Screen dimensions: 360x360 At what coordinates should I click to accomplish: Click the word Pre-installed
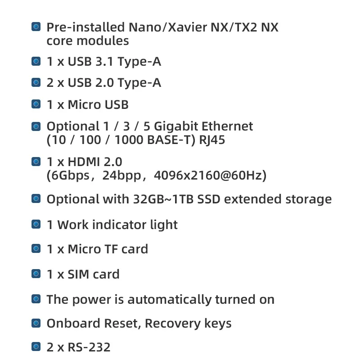click(x=85, y=27)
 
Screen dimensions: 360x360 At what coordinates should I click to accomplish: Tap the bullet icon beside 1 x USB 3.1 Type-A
click(x=36, y=61)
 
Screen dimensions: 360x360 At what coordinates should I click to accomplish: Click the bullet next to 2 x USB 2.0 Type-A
click(x=36, y=83)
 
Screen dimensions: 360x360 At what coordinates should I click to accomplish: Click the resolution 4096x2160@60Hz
click(x=210, y=175)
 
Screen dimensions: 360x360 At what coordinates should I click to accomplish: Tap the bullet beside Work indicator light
click(x=36, y=224)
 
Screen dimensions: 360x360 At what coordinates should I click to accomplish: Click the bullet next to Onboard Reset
click(x=36, y=323)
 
